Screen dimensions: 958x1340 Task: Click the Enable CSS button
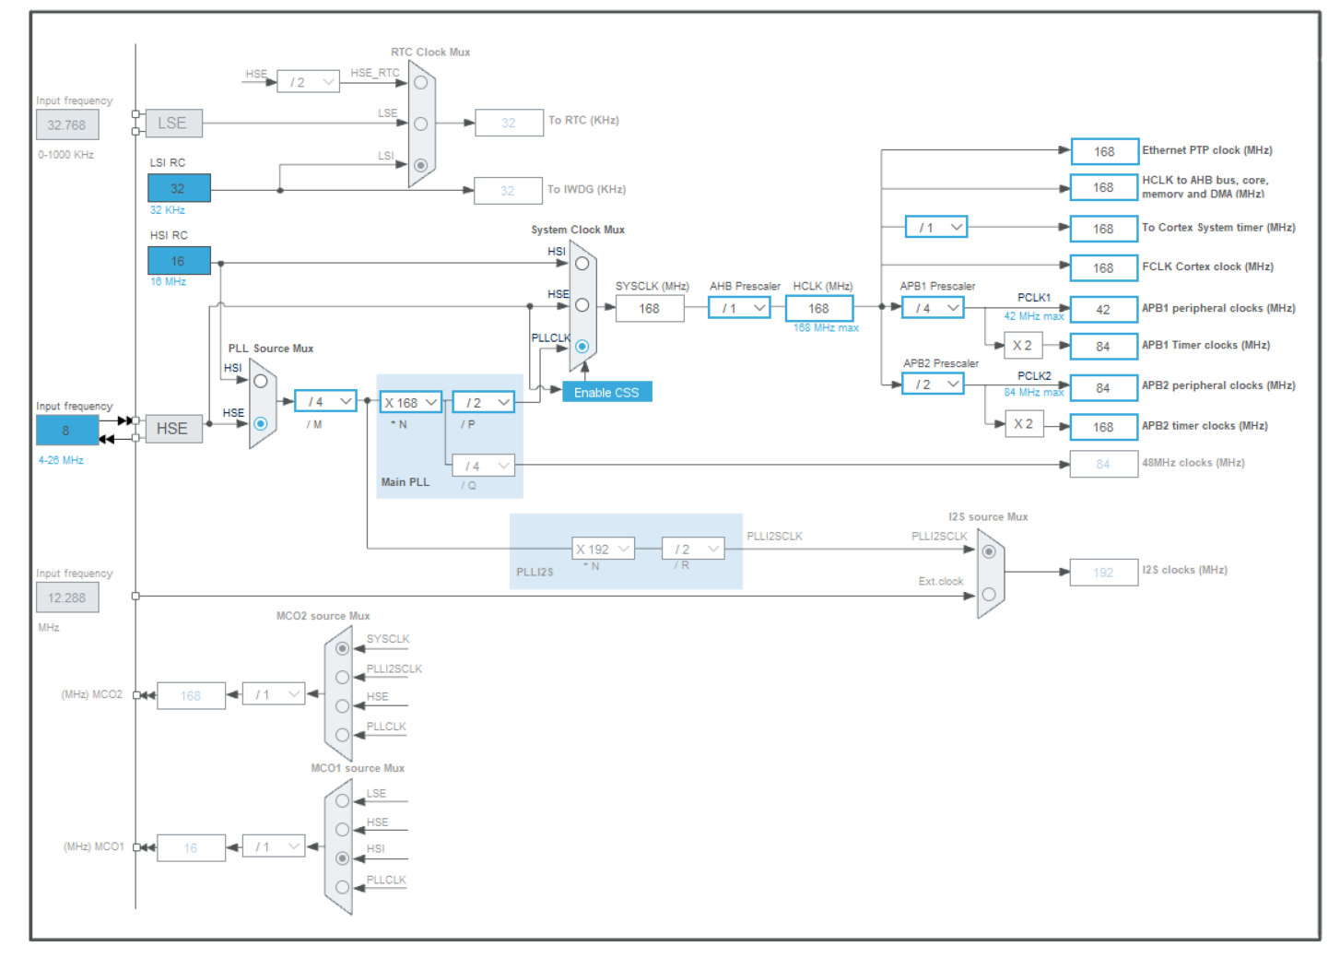point(606,392)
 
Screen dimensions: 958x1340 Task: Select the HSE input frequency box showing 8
point(66,430)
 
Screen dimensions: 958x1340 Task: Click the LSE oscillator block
point(173,123)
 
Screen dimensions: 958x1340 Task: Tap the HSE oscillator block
point(173,429)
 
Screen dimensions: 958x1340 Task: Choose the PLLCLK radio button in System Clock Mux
point(582,347)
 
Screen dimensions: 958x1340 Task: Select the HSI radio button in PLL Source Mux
point(261,381)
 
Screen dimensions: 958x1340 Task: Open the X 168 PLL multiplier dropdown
point(410,402)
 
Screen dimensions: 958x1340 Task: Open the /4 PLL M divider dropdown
point(325,401)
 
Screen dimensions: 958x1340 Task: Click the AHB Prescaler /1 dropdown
point(739,308)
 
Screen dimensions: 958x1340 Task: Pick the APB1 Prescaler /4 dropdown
point(933,308)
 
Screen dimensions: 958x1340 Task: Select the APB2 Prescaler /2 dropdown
point(933,384)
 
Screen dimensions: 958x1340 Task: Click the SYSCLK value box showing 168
point(650,309)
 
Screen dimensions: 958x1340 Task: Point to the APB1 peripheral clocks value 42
point(1103,310)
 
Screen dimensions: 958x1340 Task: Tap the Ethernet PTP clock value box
point(1104,151)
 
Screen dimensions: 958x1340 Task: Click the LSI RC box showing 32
point(179,188)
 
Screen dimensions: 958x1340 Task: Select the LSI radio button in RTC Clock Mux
point(421,165)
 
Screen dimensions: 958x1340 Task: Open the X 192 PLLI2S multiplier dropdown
point(603,550)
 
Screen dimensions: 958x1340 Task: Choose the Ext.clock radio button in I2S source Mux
point(989,594)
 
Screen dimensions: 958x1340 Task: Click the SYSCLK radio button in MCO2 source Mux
point(343,648)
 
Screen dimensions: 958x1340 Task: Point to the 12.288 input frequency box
point(67,597)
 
